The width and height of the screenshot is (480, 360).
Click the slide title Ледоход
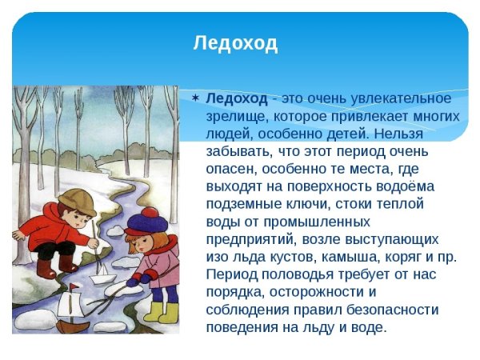[x=235, y=43]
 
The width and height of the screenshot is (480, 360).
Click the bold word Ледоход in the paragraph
[x=237, y=98]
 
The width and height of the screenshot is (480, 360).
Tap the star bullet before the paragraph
[x=195, y=98]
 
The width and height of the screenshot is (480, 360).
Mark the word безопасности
[x=390, y=309]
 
